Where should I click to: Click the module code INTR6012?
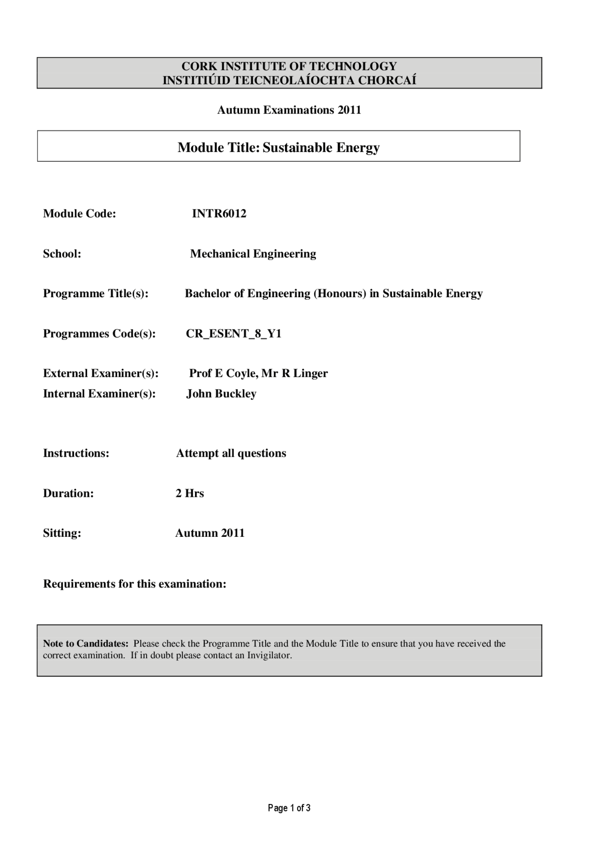[219, 214]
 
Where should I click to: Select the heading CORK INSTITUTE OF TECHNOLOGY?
[289, 66]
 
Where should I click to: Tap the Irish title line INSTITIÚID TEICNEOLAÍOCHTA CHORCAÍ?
[289, 80]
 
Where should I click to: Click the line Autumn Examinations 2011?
[289, 110]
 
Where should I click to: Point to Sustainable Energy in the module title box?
[321, 148]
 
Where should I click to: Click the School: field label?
[62, 254]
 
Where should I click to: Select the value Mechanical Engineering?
[253, 254]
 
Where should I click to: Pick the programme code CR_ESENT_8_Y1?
[233, 334]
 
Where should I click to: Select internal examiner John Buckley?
[221, 394]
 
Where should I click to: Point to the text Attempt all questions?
[231, 453]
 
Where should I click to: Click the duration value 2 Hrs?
[189, 494]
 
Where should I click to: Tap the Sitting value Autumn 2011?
[210, 533]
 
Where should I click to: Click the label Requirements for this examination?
[135, 584]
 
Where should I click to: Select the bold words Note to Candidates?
[85, 644]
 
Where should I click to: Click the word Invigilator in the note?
[269, 655]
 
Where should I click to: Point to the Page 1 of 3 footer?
[289, 808]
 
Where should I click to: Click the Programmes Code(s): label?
[99, 334]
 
